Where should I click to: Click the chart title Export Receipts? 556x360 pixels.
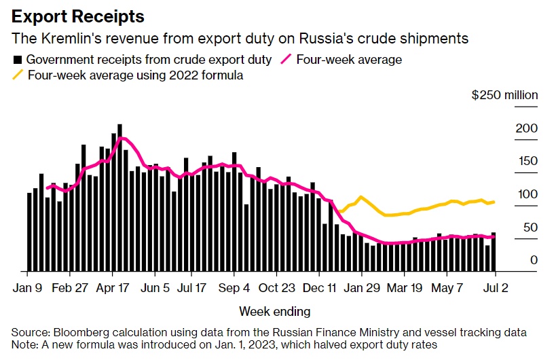coord(78,15)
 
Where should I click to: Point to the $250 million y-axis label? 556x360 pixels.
coord(504,95)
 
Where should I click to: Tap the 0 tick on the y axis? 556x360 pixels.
coord(534,260)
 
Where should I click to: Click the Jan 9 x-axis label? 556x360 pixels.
coord(27,287)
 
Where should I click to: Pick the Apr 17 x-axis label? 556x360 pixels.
coord(113,287)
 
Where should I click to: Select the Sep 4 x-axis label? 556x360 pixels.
coord(234,287)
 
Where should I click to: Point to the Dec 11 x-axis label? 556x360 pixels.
coord(320,287)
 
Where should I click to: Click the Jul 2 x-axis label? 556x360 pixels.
coord(495,287)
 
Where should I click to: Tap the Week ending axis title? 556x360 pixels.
coord(274,312)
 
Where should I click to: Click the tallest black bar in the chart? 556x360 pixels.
coord(120,197)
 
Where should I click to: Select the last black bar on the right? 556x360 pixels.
coord(494,252)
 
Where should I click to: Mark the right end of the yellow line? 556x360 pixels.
coord(494,202)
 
